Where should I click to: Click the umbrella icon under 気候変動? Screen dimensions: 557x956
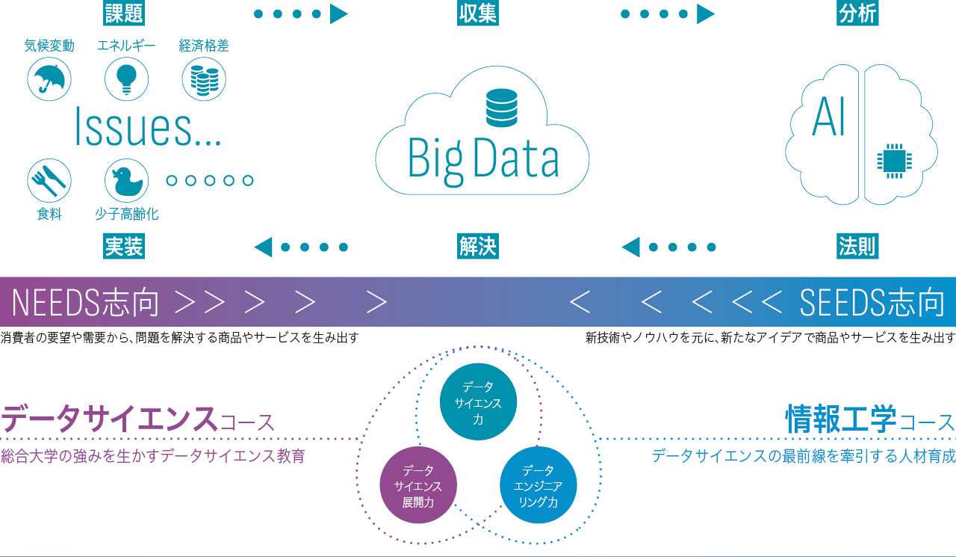[x=49, y=79]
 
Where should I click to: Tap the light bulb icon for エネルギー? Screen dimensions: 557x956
[x=126, y=79]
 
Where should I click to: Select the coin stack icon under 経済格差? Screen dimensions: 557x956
[x=204, y=79]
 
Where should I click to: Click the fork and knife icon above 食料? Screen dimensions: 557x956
[x=49, y=179]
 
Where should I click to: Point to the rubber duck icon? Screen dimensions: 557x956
[x=126, y=179]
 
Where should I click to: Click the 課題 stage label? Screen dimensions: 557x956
[x=123, y=13]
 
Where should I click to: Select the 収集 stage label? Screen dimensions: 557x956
[x=478, y=13]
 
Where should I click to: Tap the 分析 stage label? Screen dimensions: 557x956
[x=857, y=13]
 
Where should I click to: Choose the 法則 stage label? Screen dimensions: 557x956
[x=857, y=246]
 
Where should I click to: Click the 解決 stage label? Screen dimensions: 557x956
[x=478, y=246]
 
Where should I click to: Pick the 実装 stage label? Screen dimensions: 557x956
[x=124, y=246]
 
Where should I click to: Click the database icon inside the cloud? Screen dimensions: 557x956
[x=501, y=107]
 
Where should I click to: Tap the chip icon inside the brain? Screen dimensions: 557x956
[x=893, y=161]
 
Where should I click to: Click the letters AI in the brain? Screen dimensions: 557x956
[x=828, y=117]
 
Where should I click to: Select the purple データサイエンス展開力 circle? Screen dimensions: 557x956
[x=418, y=485]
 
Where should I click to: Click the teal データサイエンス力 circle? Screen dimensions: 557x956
[x=478, y=402]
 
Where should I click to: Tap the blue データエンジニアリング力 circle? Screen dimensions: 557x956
[x=538, y=485]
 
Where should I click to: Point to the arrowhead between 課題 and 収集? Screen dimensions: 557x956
[x=338, y=13]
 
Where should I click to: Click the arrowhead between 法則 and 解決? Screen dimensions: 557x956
[x=631, y=246]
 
